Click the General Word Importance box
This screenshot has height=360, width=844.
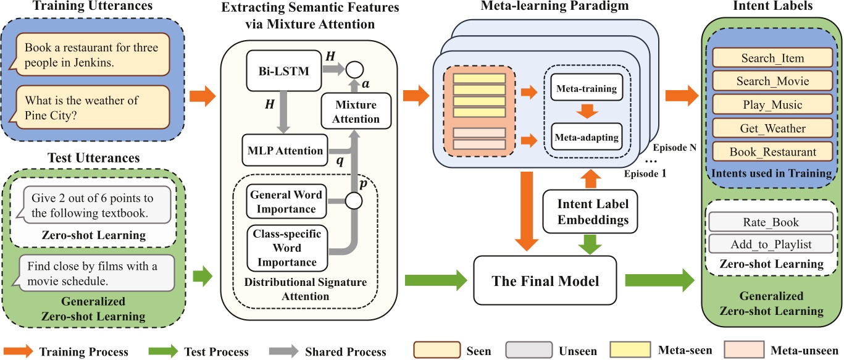[x=286, y=201]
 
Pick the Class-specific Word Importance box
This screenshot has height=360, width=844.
[x=286, y=248]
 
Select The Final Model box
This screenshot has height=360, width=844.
[x=545, y=281]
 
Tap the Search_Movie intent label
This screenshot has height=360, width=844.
[x=772, y=81]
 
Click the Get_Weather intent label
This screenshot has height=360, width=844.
[x=772, y=128]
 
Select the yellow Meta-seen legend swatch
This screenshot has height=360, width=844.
[x=629, y=350]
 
